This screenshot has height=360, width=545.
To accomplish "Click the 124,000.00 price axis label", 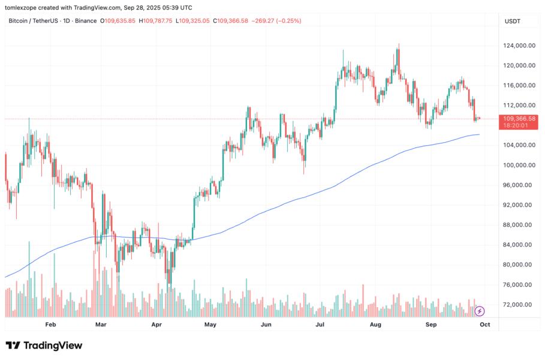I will point(520,46).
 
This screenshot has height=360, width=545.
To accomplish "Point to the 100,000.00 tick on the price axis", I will point(520,165).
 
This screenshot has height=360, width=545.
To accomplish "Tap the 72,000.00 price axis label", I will point(520,305).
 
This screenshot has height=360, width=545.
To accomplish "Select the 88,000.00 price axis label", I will point(520,225).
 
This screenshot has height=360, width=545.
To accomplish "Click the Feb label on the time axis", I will point(50,325).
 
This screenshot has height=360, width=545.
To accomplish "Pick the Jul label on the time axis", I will point(320,325).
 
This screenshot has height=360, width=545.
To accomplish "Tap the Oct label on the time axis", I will point(485,325).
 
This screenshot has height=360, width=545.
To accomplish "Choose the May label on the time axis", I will point(210,325).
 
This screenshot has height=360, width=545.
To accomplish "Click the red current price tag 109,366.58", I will point(520,119).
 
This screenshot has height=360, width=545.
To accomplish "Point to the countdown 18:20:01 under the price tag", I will point(516,126).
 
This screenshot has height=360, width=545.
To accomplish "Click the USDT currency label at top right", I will point(513,21).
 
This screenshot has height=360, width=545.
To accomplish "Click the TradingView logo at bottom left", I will point(44,346).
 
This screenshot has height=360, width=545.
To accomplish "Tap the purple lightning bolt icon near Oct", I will point(479,311).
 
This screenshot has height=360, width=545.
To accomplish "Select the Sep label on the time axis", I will point(431,325).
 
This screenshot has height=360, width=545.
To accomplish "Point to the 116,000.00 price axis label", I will point(520,86).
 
